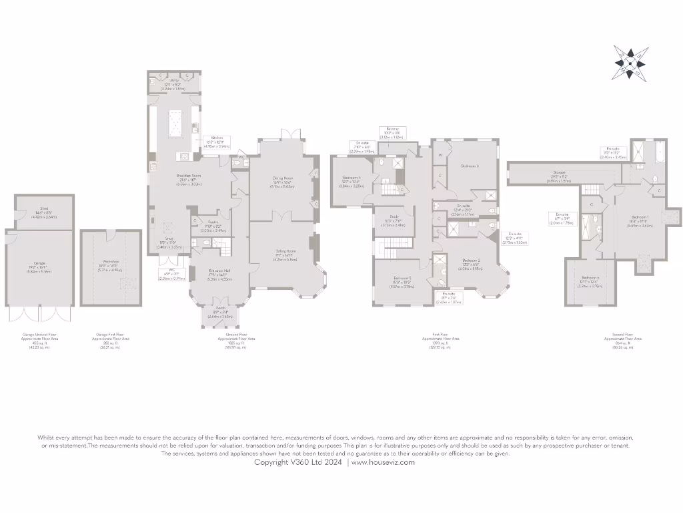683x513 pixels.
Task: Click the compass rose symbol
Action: click(x=630, y=62)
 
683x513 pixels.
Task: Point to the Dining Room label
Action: click(x=282, y=178)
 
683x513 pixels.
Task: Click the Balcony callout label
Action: click(x=392, y=129)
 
